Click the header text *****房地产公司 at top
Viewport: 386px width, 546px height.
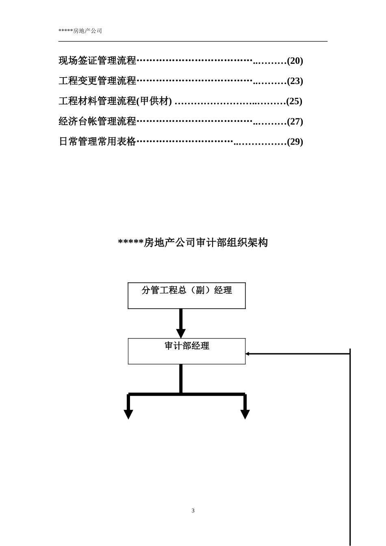point(80,31)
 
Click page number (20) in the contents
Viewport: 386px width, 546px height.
point(295,61)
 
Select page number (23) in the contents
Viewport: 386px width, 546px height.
point(295,81)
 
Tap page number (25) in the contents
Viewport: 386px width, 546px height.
point(294,101)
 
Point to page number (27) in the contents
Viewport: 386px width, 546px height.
point(295,121)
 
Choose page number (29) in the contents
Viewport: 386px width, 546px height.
point(295,142)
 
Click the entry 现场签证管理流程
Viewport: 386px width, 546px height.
point(98,61)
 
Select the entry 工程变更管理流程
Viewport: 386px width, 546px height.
point(98,81)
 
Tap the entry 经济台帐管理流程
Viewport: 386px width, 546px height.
point(98,121)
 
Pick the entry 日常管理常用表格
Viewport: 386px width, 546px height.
point(98,142)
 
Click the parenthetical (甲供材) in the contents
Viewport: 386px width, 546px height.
point(154,101)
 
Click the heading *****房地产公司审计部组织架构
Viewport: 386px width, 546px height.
point(193,243)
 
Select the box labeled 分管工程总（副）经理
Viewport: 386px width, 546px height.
point(186,295)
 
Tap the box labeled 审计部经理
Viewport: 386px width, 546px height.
point(186,351)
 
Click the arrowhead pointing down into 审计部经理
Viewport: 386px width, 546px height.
point(181,334)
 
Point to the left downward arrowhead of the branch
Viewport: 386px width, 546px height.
point(128,414)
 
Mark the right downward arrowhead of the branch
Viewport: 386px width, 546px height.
point(245,414)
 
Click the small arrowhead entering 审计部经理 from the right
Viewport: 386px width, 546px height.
point(247,354)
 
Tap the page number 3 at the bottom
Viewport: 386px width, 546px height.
point(193,511)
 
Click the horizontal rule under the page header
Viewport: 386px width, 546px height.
point(193,41)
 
